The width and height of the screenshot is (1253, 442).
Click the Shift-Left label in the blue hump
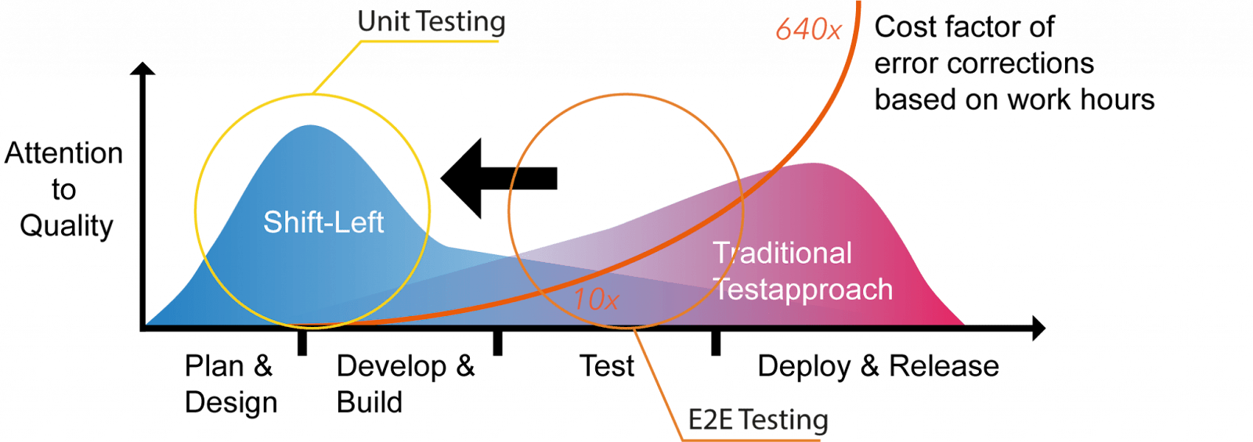[323, 223]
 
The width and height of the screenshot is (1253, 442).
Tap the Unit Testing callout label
[432, 22]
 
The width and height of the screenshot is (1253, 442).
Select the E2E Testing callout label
[757, 421]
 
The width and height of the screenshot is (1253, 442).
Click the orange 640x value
[808, 31]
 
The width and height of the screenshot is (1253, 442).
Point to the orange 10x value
[596, 300]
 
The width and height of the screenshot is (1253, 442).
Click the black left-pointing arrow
[499, 178]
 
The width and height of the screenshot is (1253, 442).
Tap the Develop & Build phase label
[405, 384]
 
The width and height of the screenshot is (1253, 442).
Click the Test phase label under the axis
[607, 366]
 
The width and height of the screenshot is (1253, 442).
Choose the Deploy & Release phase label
[878, 366]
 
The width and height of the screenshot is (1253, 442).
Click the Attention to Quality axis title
[64, 189]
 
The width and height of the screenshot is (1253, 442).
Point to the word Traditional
[782, 253]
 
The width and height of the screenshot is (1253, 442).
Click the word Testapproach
[803, 289]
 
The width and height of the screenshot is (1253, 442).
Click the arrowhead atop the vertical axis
[143, 70]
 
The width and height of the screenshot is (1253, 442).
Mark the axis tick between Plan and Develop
[302, 343]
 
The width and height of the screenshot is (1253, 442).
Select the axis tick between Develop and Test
[497, 343]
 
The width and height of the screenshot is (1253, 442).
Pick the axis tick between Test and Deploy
[715, 343]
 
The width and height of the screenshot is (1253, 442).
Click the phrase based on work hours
[1014, 100]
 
